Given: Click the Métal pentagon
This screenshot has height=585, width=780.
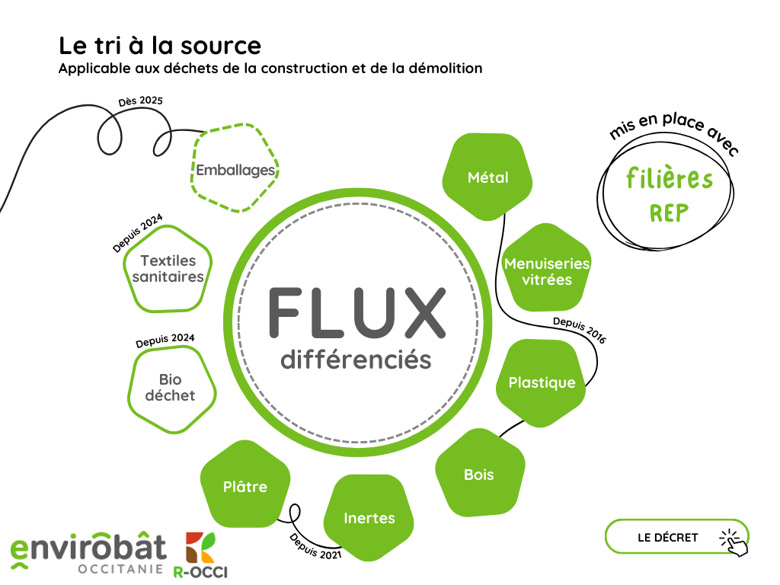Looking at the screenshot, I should [487, 177].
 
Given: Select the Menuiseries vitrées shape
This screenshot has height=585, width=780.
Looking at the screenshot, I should [547, 271].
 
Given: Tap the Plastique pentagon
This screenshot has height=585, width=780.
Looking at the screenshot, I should [542, 382].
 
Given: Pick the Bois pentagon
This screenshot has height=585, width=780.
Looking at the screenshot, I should [479, 475].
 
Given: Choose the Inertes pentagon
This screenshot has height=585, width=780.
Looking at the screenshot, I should [369, 518].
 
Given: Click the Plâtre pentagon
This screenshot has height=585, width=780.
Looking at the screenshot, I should [245, 486].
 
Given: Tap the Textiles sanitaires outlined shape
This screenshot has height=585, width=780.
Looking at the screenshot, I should [168, 269].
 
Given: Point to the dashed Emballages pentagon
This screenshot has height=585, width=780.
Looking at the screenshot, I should [235, 170].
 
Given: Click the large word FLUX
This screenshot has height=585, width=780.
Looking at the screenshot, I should [356, 313].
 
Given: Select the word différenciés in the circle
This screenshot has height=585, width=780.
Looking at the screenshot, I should [356, 359].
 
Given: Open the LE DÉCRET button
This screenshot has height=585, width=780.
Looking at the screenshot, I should [668, 537].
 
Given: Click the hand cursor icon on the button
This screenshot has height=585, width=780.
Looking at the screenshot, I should [734, 541].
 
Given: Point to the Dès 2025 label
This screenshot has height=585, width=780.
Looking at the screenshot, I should [141, 101].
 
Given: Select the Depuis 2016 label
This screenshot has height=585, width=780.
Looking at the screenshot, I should [579, 330].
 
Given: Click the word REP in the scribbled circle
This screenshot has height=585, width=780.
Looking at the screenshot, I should [670, 213].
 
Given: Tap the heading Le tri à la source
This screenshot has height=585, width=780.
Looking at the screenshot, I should [160, 45].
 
